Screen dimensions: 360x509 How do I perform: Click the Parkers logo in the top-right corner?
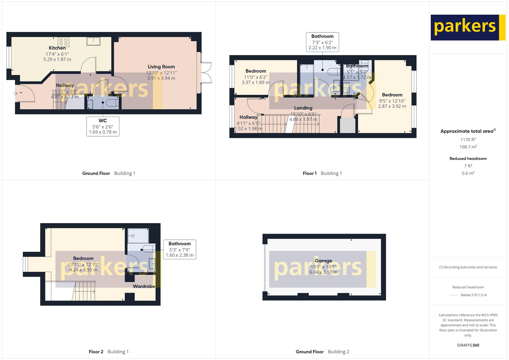[x=468, y=27]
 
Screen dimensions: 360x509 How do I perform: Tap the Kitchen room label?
[x=57, y=48]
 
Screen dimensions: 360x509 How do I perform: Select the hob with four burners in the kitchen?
[x=63, y=42]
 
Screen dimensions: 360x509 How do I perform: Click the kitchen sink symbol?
[x=94, y=41]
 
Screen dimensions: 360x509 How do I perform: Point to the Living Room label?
[x=161, y=67]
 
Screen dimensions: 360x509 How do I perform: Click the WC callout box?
[x=103, y=126]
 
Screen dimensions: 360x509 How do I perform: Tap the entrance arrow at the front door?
[x=15, y=93]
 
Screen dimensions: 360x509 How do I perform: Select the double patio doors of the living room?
[x=206, y=73]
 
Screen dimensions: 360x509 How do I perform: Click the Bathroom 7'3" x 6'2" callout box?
[x=322, y=42]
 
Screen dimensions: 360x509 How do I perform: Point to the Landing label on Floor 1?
[x=303, y=108]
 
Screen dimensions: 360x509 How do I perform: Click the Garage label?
[x=323, y=261]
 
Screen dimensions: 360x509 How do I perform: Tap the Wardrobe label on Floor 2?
[x=144, y=286]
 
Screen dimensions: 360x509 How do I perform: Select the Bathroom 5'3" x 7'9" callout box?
[x=179, y=249]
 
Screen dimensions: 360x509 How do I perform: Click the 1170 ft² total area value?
[x=468, y=139]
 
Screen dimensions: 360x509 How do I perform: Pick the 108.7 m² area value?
[x=468, y=147]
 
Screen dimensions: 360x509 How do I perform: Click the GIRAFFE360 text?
[x=468, y=345]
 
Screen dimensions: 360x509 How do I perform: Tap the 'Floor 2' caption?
[x=96, y=352]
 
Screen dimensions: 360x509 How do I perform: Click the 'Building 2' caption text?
[x=338, y=352]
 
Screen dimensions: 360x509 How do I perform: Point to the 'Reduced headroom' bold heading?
[x=468, y=159]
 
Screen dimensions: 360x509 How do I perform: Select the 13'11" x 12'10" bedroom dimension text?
[x=83, y=265]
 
